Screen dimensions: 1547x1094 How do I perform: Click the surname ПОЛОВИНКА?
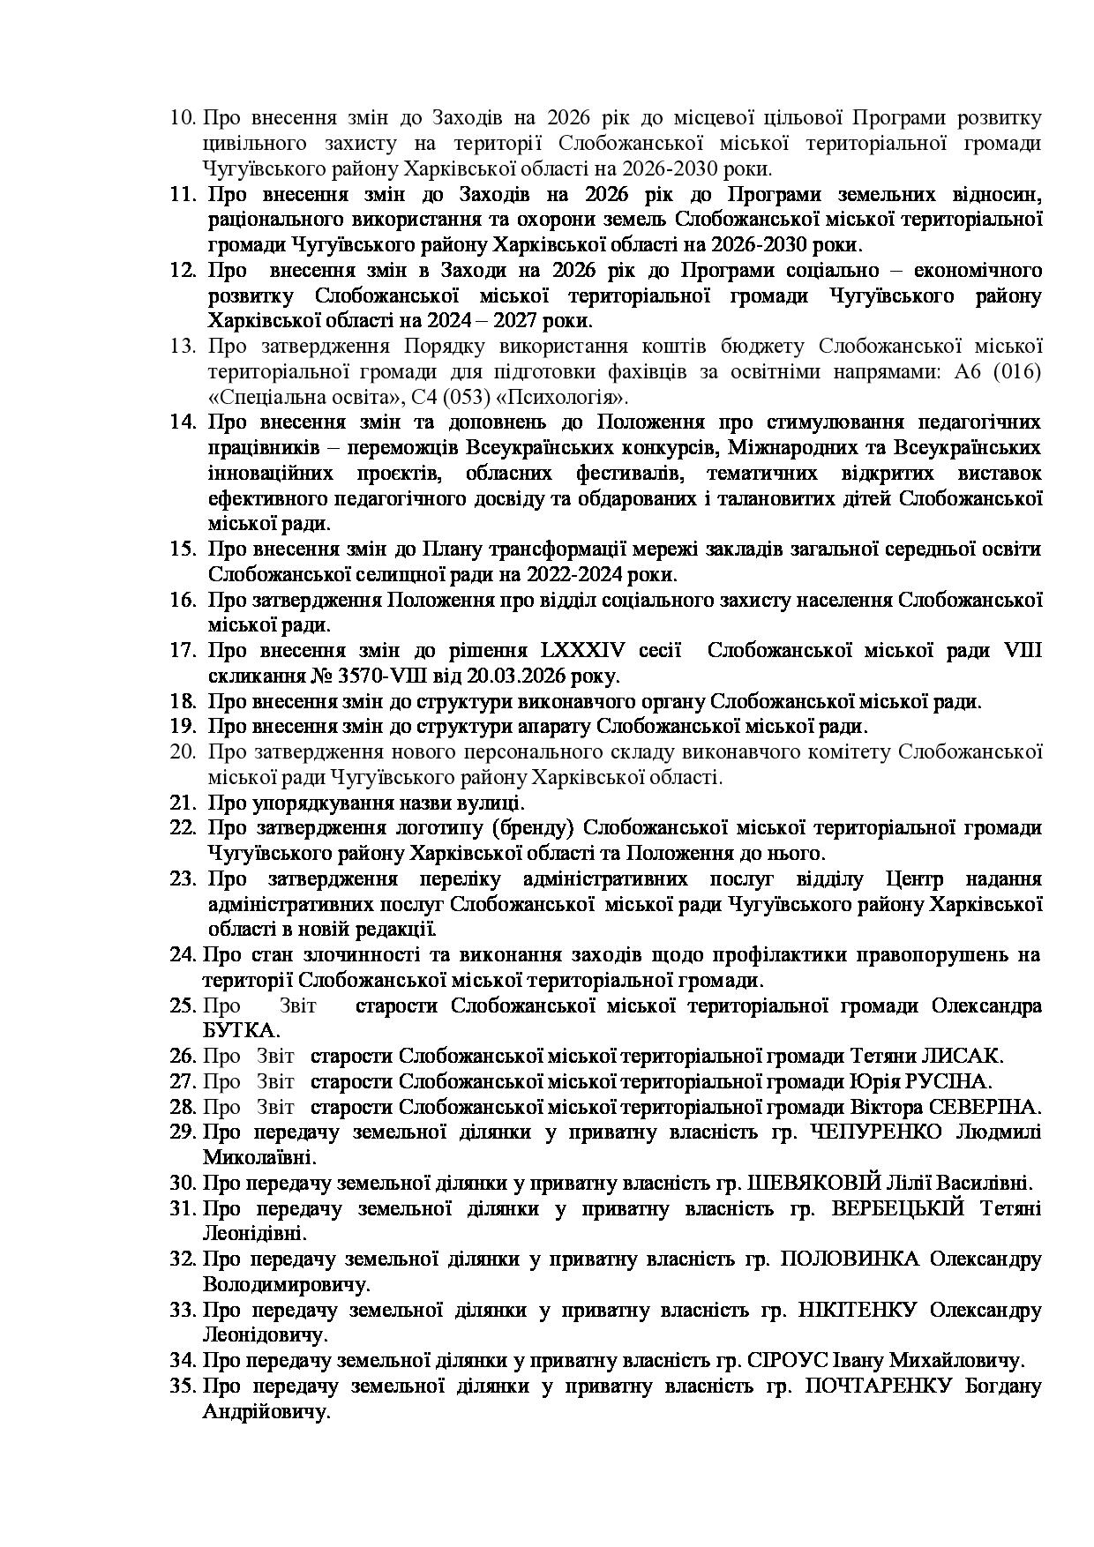[x=850, y=1259]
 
